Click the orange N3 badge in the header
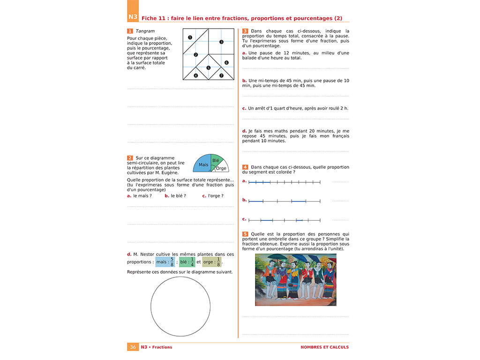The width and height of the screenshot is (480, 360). coord(133,18)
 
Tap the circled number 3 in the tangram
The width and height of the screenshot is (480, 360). coord(221,42)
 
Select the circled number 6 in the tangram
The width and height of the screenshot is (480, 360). coord(226,62)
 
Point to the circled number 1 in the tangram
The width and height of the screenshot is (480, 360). coord(190,37)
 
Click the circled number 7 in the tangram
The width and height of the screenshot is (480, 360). coord(221,75)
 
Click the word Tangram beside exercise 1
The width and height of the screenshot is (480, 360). coord(145,31)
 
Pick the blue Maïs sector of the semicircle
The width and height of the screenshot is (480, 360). coord(202,165)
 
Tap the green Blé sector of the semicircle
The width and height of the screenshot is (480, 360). coord(216,160)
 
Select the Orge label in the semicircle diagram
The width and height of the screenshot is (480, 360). coord(221,168)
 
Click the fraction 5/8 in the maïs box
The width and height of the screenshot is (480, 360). coord(172,262)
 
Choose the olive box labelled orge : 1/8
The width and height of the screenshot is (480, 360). coord(212,262)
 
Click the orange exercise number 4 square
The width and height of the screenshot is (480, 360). coord(245,167)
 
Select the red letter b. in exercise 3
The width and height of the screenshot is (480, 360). coord(244,81)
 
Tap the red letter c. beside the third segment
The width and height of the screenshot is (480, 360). coord(244,219)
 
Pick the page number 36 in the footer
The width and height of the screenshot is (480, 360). coord(133,347)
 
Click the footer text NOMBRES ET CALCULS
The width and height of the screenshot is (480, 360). coord(324,347)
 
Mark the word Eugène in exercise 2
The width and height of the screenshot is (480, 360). coord(170,172)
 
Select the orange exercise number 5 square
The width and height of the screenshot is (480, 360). coord(245,234)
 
